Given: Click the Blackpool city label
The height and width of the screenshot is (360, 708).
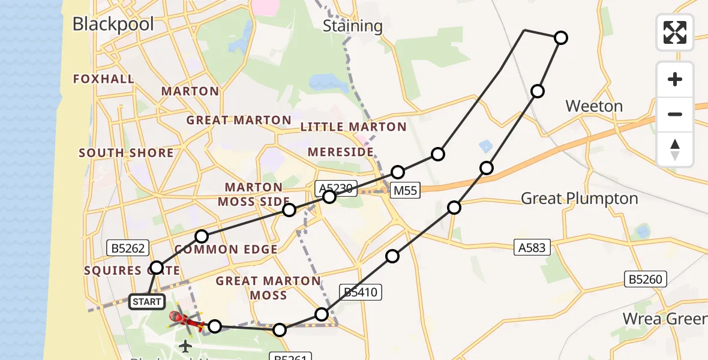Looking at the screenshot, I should [x=113, y=24].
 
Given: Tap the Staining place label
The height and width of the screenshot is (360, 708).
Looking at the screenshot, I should [x=352, y=26].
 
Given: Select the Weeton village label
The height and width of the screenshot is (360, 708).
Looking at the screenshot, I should [x=594, y=107].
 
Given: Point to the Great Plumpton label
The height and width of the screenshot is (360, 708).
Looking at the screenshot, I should [x=579, y=199].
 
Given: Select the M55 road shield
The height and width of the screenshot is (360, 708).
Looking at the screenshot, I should [x=406, y=190].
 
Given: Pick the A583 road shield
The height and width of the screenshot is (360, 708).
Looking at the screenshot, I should [x=532, y=247].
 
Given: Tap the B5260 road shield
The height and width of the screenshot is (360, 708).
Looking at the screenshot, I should [x=644, y=278].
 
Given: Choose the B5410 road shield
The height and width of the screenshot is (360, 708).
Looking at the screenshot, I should [x=359, y=292].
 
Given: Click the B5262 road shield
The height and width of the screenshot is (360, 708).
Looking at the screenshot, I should [x=127, y=246].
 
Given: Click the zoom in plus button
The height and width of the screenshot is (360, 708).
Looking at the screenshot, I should [x=675, y=79].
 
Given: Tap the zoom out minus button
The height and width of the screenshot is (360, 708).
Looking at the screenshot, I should [x=675, y=114].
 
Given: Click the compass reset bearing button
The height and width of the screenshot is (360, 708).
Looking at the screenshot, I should [x=675, y=149].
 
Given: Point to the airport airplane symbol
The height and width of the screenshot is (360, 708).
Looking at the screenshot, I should [x=185, y=346].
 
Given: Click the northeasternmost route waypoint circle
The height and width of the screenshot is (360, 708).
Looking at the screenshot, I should [x=560, y=38].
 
